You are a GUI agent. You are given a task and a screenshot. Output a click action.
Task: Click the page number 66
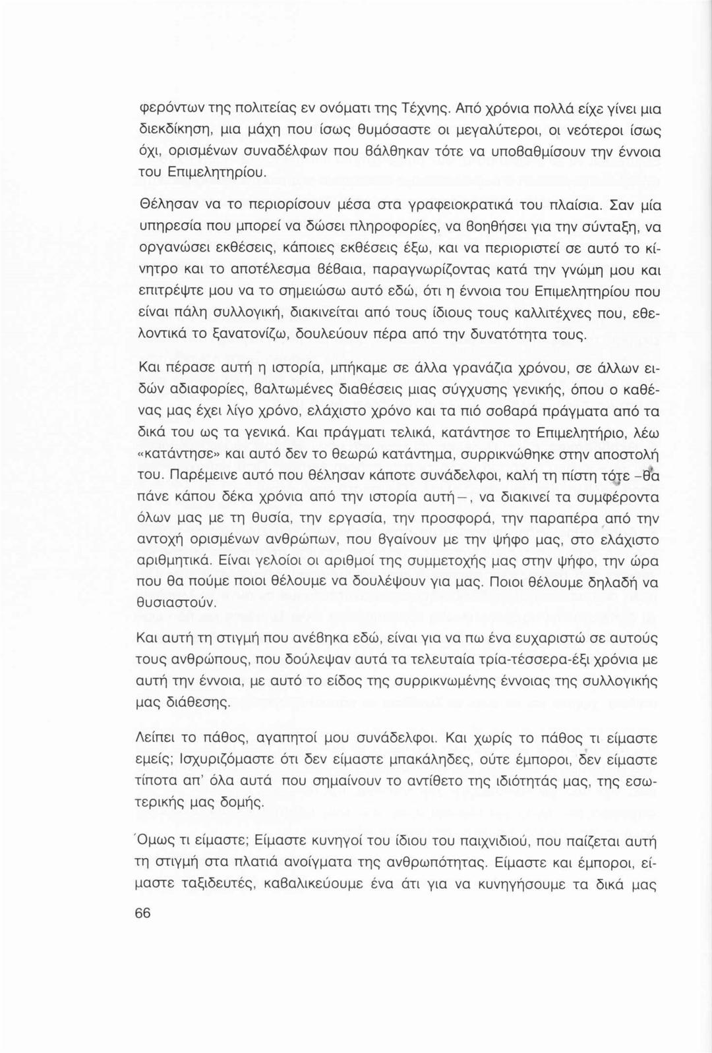coord(143,913)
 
